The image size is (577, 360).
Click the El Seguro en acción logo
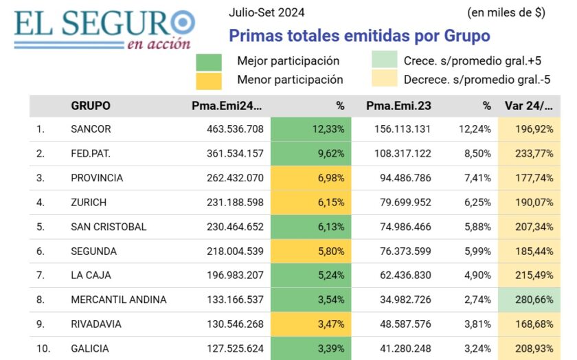coord(103,29)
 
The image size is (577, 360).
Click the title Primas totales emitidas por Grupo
coord(359,36)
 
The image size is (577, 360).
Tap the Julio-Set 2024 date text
coord(267,12)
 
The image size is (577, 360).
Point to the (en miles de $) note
coord(506,12)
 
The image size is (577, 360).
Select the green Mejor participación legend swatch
coord(209,61)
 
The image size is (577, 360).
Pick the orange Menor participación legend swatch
coord(209,80)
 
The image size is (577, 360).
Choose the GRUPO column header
coord(91,106)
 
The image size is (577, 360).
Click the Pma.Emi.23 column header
coord(399,106)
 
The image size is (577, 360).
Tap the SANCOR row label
coord(91,129)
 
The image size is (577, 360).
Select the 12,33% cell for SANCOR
coord(310,129)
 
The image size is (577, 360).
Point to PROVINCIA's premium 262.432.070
coord(235,178)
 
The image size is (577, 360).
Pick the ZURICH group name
coord(89,203)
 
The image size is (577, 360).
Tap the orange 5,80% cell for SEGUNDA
coord(310,251)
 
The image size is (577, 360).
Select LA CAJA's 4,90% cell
coord(477,275)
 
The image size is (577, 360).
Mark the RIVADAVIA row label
coord(97,324)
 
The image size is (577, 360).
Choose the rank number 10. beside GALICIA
coord(43,348)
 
